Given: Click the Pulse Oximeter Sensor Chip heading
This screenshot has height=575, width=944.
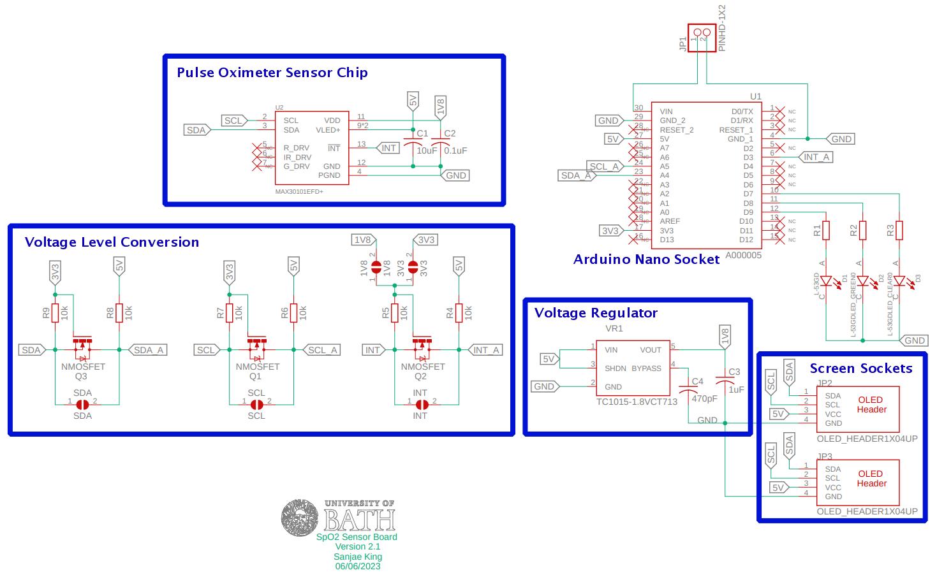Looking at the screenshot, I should point(272,73).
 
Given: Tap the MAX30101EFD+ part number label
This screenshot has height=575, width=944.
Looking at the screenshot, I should point(299,191).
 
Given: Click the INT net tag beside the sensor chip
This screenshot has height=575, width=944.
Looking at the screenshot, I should point(388,148).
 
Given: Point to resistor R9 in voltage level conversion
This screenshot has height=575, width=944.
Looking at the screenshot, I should point(55,313).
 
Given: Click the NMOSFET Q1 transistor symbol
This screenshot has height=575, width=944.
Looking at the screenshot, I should point(257,346).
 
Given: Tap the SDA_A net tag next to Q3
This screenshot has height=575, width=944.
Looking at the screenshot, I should point(148,350).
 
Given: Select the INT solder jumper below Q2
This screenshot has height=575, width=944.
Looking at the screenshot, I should point(421,404).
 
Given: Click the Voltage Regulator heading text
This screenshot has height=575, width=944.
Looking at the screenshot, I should point(595,313).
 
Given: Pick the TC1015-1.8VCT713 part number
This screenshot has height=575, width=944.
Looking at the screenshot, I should point(637,402).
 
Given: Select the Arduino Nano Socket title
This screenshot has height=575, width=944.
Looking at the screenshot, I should point(646,259).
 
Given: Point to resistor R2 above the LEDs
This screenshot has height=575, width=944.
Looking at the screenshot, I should point(862,229).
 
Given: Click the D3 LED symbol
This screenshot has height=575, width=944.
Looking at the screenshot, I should point(900,280).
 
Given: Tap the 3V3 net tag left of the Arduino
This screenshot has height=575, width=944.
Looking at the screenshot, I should point(610,231).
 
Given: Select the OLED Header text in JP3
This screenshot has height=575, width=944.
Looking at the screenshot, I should point(871,479).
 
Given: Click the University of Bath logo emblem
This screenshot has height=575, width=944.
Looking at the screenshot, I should point(300,517).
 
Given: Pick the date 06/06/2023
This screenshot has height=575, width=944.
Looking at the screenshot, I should point(357,566).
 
